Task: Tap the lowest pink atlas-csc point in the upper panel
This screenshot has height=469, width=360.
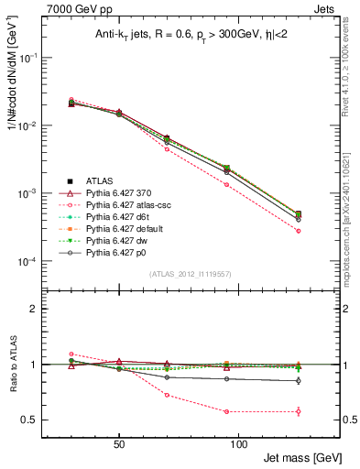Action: click(x=299, y=231)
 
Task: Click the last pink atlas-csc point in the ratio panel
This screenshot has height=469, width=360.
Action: click(x=299, y=411)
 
